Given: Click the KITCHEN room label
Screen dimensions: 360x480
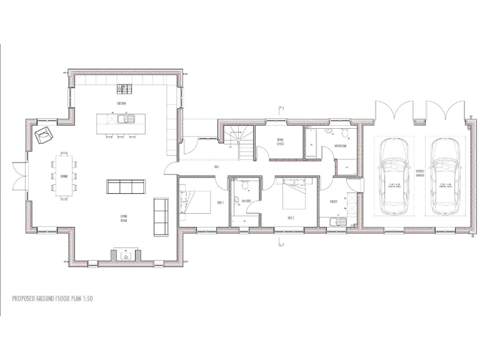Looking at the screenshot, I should pyautogui.click(x=122, y=102).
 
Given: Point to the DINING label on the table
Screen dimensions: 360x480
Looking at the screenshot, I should pyautogui.click(x=64, y=176).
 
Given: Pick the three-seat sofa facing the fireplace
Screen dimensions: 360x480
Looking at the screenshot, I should pyautogui.click(x=126, y=186).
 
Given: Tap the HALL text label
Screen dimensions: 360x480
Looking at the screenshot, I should pyautogui.click(x=216, y=166).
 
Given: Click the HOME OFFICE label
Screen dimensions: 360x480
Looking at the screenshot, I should pyautogui.click(x=281, y=142).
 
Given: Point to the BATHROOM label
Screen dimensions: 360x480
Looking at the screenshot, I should pyautogui.click(x=341, y=145).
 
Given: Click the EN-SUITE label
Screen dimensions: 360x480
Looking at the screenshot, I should pyautogui.click(x=247, y=201).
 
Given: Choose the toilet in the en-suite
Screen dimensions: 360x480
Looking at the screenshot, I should pyautogui.click(x=237, y=200).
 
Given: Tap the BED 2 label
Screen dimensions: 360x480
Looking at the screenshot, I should pyautogui.click(x=291, y=217).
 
